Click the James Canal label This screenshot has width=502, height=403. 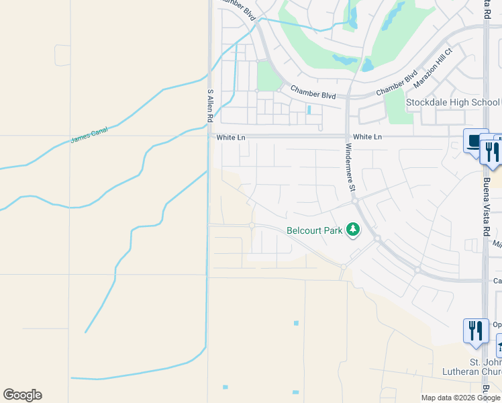point(89,135)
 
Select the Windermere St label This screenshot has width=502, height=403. point(349,168)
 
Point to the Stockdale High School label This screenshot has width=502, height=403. point(452,102)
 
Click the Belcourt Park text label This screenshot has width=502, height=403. point(315,230)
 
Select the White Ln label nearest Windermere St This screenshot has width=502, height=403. point(367,137)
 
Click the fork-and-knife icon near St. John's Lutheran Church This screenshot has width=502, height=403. point(475,330)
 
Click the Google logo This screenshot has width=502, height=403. point(22,395)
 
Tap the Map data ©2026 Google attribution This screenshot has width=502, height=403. point(460,398)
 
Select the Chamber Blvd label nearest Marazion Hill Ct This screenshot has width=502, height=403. point(397,83)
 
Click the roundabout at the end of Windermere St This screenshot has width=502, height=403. point(354,201)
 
